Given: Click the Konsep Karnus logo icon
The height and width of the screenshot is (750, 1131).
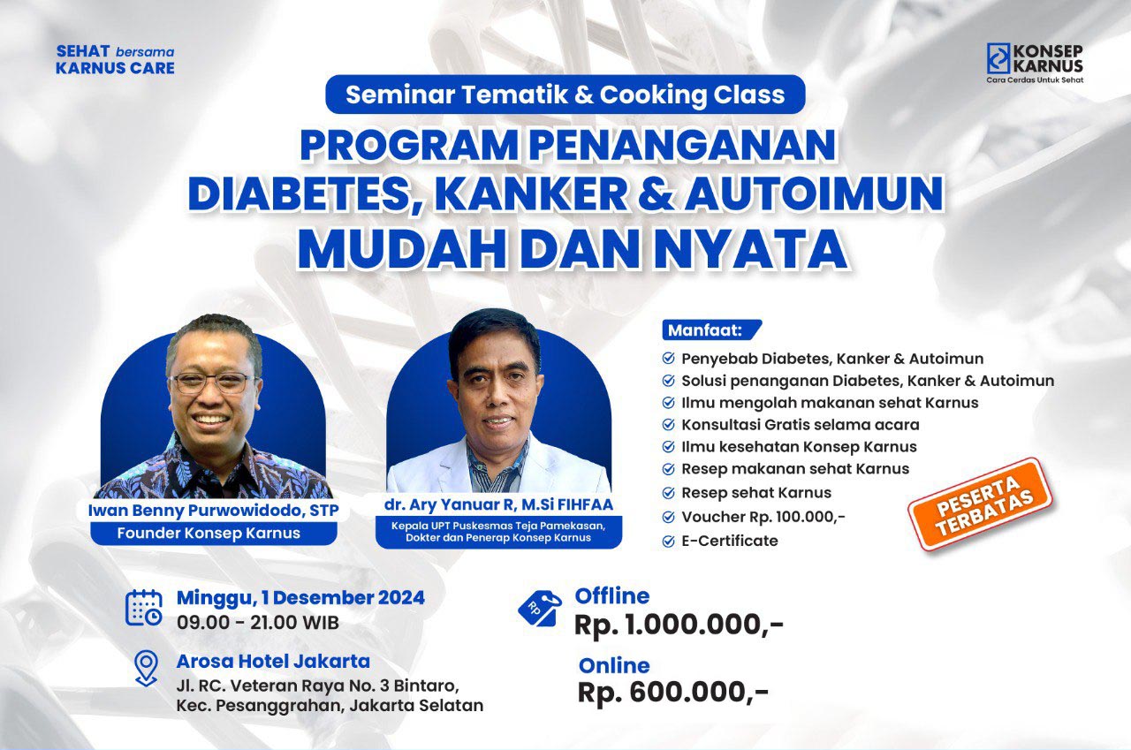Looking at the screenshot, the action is (x=998, y=58).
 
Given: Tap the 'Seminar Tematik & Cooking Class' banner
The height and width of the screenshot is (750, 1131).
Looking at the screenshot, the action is (x=565, y=95).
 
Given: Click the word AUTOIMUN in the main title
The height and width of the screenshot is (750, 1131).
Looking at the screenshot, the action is (x=814, y=193).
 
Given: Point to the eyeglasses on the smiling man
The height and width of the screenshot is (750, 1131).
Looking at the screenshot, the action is (x=214, y=383).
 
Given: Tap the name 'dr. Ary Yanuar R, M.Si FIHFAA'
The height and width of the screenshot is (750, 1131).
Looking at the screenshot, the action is (x=498, y=504).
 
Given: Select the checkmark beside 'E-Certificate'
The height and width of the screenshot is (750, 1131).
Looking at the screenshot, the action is (x=669, y=542).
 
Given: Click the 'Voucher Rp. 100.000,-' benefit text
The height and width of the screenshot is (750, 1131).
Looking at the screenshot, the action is (x=763, y=517).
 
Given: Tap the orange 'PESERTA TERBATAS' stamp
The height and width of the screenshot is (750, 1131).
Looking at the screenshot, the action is (x=980, y=504).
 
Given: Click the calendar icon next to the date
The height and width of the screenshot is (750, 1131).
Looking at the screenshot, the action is (x=144, y=608).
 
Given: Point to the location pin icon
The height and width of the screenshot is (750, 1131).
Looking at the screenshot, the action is (x=147, y=668).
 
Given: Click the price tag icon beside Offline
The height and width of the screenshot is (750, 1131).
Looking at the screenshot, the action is (x=540, y=609).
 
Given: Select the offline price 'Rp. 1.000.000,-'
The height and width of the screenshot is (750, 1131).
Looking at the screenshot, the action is (x=679, y=625).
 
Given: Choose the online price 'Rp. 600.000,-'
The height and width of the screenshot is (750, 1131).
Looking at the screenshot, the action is (x=672, y=693).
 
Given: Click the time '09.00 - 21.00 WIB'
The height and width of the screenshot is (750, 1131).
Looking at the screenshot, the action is (x=257, y=623).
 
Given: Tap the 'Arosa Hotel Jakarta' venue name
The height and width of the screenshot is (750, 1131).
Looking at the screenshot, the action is (x=273, y=661).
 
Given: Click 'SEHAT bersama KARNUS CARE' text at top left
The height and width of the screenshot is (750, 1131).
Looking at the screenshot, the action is (x=115, y=59).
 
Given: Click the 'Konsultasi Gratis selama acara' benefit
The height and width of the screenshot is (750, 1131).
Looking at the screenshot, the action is (x=801, y=425).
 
